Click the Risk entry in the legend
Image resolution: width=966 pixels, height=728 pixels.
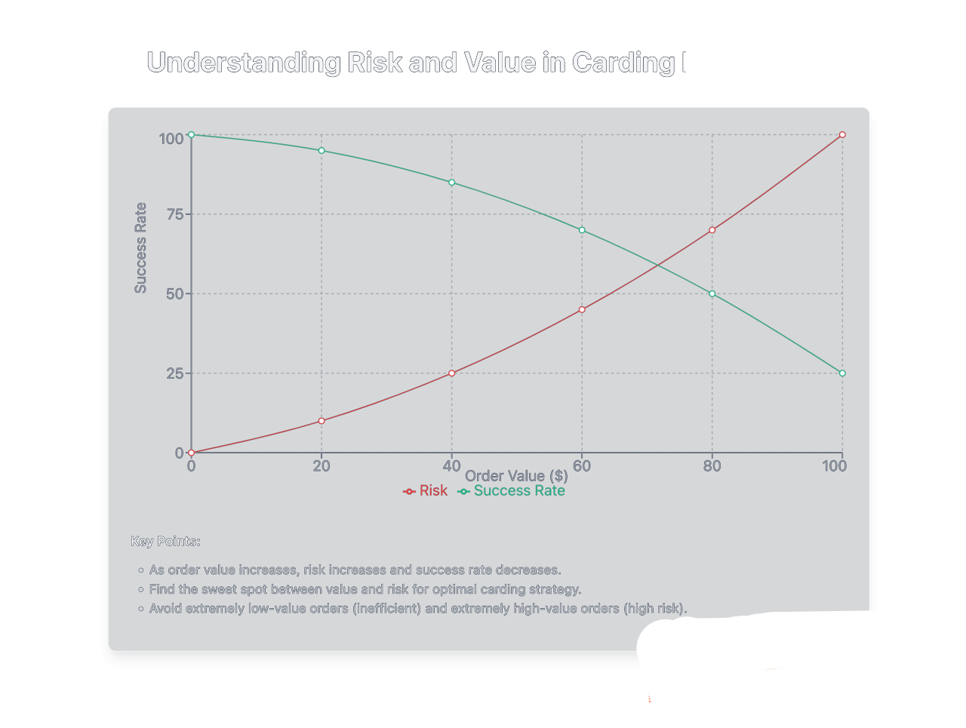426,491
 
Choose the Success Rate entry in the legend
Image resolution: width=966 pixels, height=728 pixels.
512,491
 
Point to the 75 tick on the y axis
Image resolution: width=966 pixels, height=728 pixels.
175,214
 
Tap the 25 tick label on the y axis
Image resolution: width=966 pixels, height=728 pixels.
175,373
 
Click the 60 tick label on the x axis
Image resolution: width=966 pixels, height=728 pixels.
582,465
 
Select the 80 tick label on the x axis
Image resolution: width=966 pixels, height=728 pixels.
712,465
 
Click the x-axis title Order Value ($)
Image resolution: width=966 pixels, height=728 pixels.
516,476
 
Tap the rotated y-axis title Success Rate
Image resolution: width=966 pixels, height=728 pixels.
140,247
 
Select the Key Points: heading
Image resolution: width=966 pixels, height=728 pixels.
165,541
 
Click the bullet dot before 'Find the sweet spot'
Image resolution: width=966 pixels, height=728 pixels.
141,590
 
